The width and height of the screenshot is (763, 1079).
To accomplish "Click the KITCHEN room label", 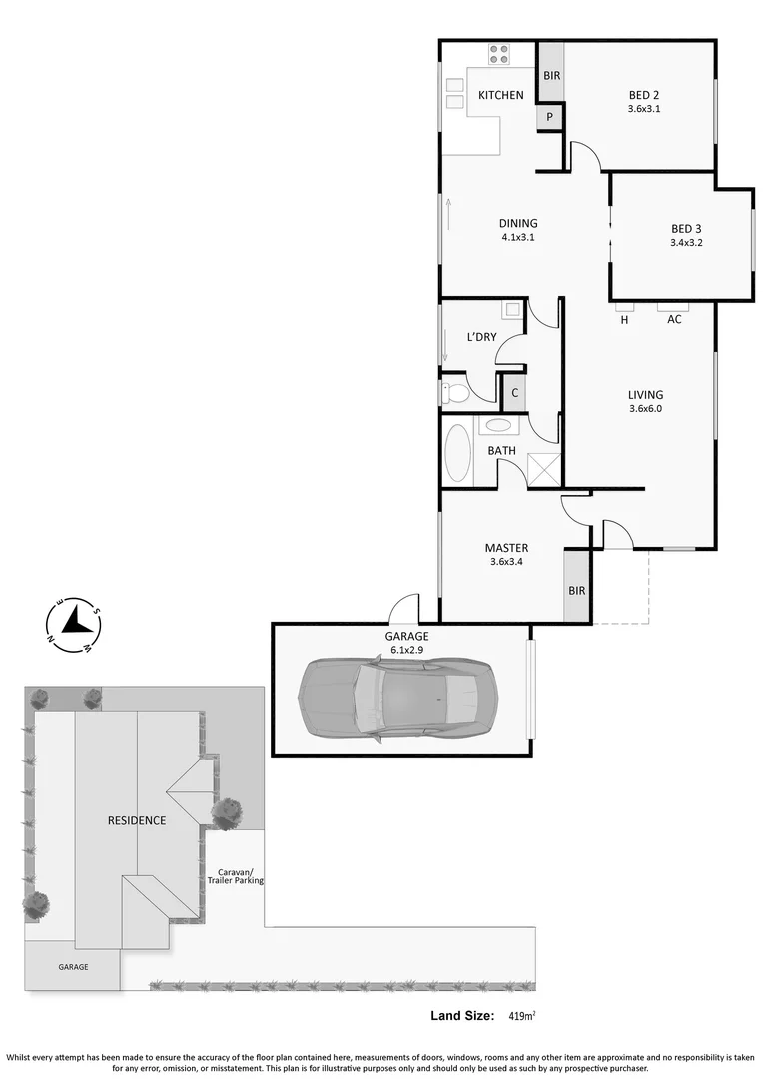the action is point(501,95).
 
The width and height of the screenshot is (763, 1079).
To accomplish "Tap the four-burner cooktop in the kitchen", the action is point(499,54).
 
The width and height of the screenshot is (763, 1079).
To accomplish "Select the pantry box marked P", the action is point(549,116).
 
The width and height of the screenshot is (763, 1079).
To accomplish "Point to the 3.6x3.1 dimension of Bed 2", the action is point(644,109).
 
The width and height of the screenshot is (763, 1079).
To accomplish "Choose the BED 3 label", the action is point(687,229).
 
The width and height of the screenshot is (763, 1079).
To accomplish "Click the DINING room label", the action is point(518,223).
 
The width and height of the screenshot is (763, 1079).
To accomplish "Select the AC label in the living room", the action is point(674,319).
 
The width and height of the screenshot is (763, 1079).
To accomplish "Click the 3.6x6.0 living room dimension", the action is point(645,408).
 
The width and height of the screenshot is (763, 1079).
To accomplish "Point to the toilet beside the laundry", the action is point(454,393).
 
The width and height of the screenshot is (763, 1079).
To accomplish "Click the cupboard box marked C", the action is point(514,393).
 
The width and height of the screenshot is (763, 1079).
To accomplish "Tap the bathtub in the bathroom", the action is point(457,454).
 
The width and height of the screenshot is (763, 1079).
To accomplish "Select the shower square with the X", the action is point(543,469).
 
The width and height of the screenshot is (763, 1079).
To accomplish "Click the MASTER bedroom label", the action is point(506,548).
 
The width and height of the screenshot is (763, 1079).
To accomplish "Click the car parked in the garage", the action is point(397,699).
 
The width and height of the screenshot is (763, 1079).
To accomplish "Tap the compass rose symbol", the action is point(74,624).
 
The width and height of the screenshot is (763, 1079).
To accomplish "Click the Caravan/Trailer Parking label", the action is point(236,876).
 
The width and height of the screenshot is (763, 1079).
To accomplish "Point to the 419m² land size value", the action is point(522,1015).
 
